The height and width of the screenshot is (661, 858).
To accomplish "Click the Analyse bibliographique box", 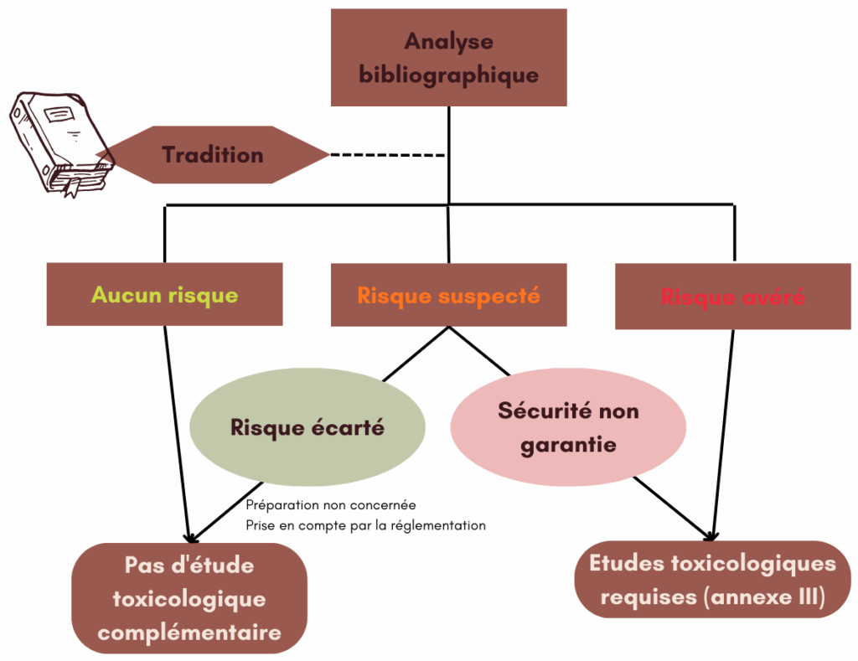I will pos(448,57).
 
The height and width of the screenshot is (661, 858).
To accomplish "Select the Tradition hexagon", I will pos(213,155).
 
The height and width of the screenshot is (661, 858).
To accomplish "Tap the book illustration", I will pos(60,143).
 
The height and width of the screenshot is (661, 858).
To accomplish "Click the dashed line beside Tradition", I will pos(387,155).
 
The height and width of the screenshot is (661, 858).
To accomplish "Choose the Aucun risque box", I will pos(164,294).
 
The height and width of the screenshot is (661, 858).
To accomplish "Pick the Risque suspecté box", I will pos(448,294).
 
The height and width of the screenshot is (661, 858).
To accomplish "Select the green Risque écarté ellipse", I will pos(307,427).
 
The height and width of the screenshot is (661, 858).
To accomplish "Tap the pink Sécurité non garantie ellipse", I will pos(568,427).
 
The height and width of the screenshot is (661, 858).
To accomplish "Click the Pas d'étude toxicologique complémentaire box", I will pos(189,598).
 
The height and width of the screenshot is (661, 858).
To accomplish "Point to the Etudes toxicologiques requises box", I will pos(712,580).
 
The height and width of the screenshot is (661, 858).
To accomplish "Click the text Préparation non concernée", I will pos(331,506).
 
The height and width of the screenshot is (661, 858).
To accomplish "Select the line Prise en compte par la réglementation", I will pos(366,525).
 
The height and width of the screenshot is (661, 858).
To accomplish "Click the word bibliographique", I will pos(448,75).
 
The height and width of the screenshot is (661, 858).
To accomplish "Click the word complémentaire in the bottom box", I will pos(189,633).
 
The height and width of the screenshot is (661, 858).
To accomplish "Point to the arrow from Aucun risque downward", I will pos(176,427).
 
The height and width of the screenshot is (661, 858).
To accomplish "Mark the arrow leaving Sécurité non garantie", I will pos(670,506).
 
